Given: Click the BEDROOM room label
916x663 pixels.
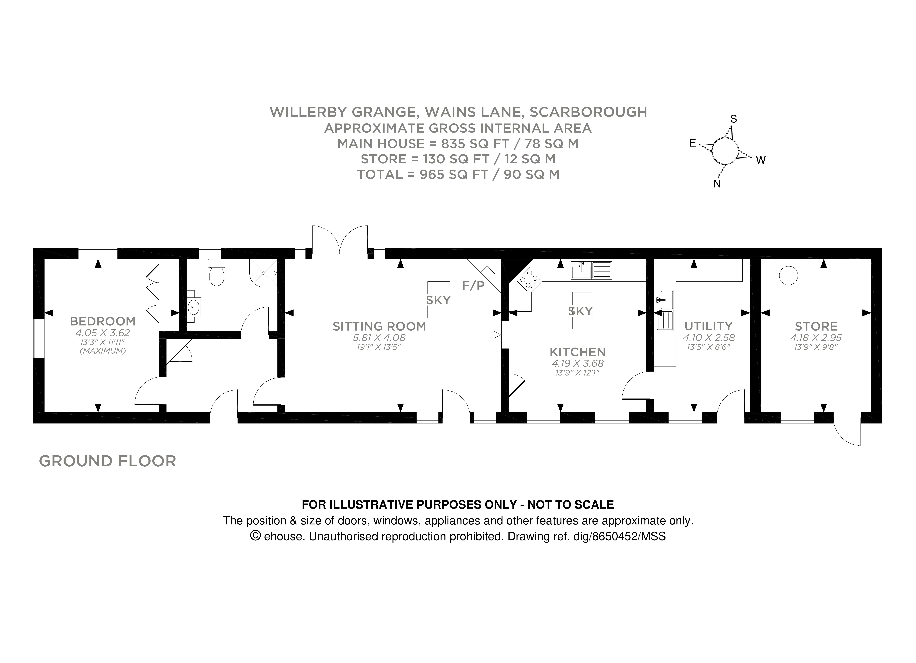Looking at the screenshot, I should pyautogui.click(x=103, y=321).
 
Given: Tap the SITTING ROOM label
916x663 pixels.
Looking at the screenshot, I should pyautogui.click(x=379, y=326).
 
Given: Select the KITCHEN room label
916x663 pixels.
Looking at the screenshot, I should pyautogui.click(x=577, y=352).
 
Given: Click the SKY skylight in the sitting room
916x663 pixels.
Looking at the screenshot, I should pyautogui.click(x=438, y=300).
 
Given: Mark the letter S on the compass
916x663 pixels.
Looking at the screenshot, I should pyautogui.click(x=734, y=119).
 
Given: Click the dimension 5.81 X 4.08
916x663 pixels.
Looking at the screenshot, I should pyautogui.click(x=379, y=338).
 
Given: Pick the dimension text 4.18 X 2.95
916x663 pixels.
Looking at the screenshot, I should pyautogui.click(x=816, y=338).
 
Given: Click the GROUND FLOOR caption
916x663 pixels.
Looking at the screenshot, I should pyautogui.click(x=107, y=461).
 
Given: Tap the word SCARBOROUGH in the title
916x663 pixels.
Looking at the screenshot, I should pyautogui.click(x=588, y=112).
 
